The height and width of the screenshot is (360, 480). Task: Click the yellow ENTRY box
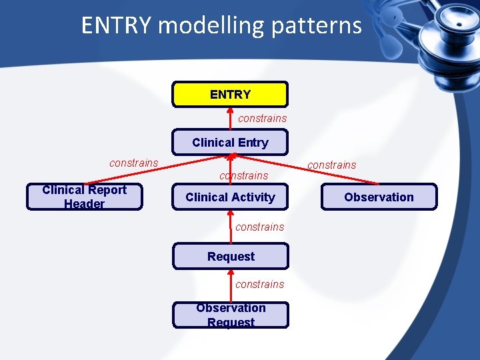(230, 95)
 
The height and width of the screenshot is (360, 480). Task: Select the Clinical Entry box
(230, 143)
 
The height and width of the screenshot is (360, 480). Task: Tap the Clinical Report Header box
(84, 197)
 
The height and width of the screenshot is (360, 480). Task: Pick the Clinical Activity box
(230, 197)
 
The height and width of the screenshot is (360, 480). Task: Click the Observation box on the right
(379, 197)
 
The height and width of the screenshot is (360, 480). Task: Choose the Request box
(231, 257)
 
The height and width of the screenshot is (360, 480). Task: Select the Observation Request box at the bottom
(231, 315)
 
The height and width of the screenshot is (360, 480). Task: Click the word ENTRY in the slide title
(117, 25)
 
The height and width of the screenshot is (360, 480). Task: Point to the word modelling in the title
(211, 25)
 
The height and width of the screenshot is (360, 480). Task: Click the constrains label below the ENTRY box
(262, 119)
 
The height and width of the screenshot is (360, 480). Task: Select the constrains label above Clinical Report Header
(133, 163)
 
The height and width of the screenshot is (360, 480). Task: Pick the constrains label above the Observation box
(331, 165)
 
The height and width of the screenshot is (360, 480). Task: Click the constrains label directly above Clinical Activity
(243, 176)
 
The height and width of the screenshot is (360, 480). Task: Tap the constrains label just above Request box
(259, 227)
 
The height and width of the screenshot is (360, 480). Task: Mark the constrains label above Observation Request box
(259, 284)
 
